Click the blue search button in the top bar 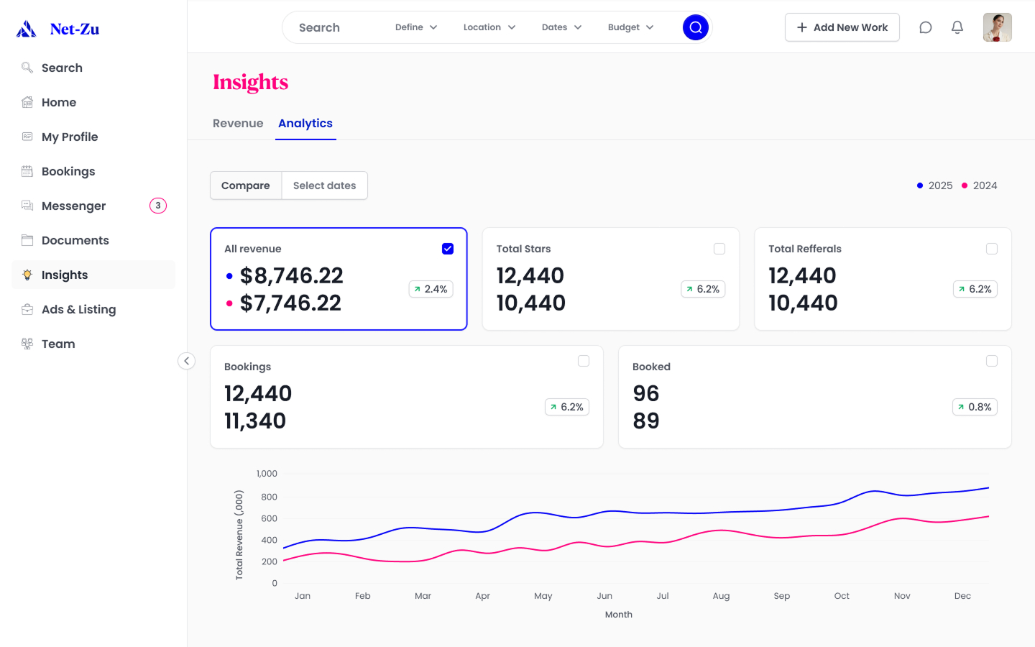(x=695, y=27)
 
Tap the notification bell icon (x=957, y=27)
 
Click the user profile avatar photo (x=997, y=27)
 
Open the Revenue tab (x=238, y=124)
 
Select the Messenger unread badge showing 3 (x=158, y=206)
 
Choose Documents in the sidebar (x=75, y=240)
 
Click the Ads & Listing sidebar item (x=78, y=309)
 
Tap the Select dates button (x=324, y=185)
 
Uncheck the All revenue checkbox (x=448, y=249)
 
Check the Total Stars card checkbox (x=719, y=249)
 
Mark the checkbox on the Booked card (x=992, y=361)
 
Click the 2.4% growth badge (x=431, y=289)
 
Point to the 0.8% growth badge (x=975, y=407)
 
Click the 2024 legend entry (x=980, y=185)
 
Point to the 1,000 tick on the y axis (x=267, y=474)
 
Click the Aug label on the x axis (x=721, y=596)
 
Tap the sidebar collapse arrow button (x=186, y=361)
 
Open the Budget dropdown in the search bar (x=630, y=27)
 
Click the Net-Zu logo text (x=75, y=29)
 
